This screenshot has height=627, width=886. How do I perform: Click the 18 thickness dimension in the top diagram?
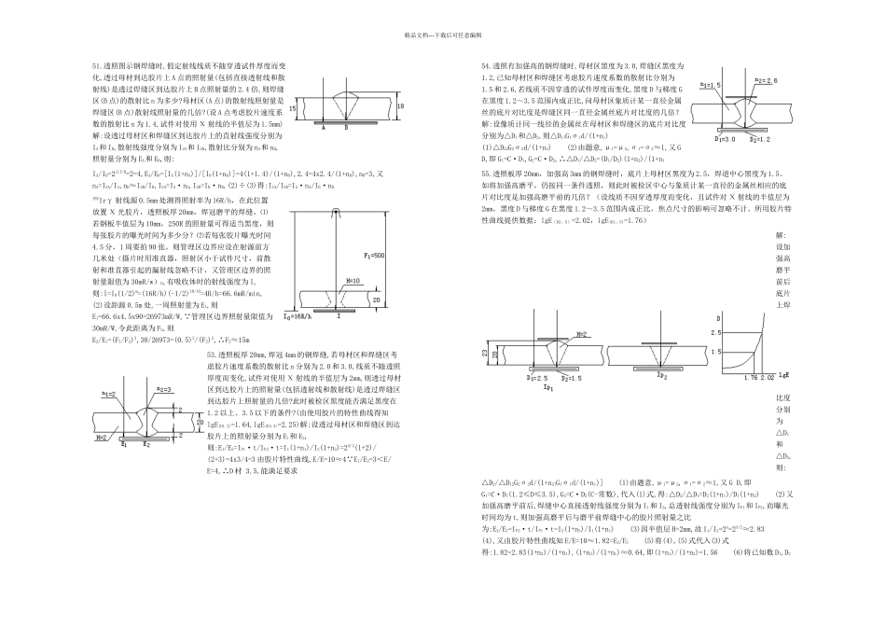[400, 106]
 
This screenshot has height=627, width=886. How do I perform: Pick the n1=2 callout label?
[108, 395]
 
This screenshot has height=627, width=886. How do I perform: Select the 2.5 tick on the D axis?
[717, 332]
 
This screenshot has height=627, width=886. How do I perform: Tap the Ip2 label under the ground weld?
[661, 374]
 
